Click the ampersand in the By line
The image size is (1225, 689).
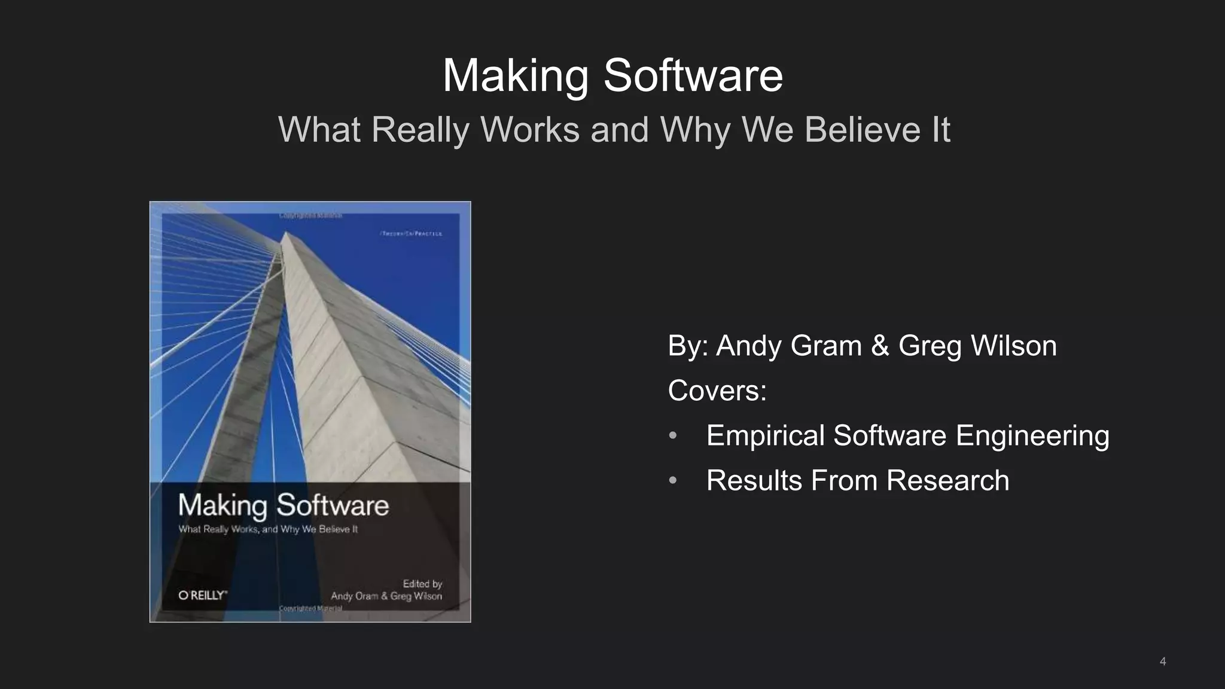click(879, 346)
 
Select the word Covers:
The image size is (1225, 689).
click(717, 391)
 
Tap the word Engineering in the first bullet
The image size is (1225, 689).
click(1032, 435)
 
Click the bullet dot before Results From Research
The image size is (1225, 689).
click(672, 481)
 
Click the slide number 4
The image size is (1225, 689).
click(1162, 661)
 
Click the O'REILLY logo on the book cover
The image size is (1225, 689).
click(202, 595)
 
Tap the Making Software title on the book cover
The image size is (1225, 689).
click(284, 506)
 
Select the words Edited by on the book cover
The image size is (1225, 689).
click(422, 584)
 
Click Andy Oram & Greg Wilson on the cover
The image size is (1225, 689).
click(386, 596)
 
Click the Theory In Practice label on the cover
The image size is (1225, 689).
click(412, 234)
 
